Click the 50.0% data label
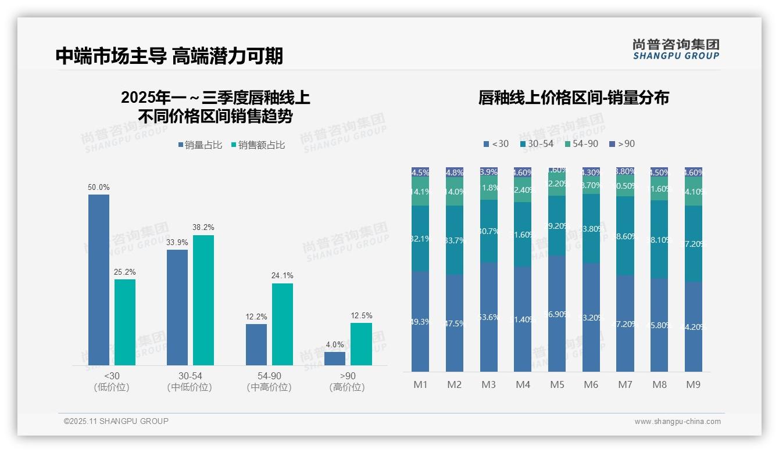(99, 188)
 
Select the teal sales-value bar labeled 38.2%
(203, 300)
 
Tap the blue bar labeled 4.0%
(335, 358)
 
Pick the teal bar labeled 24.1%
(282, 324)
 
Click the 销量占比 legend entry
(200, 145)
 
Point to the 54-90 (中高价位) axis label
(269, 382)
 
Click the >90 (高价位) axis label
(348, 382)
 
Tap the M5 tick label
(557, 384)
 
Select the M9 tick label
(694, 384)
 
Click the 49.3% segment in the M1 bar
(420, 321)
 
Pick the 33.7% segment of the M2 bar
(455, 240)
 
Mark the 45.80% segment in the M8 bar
(659, 325)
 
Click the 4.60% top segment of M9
(694, 172)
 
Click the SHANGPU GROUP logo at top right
(676, 49)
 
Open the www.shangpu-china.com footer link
(677, 422)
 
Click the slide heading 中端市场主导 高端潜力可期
(169, 56)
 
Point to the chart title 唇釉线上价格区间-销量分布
(573, 98)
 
